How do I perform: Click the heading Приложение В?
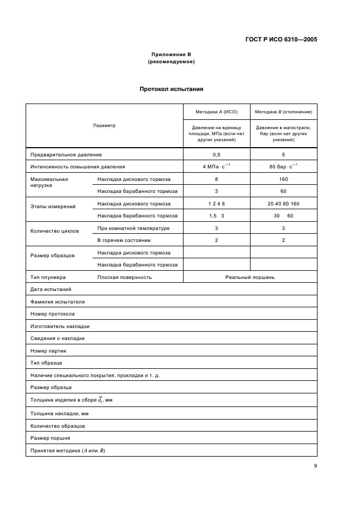(171, 54)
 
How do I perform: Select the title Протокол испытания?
(171, 89)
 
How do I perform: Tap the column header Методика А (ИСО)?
(216, 112)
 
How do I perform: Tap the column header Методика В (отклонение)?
(283, 112)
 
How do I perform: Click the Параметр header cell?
(104, 125)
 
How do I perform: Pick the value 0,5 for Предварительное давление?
(216, 155)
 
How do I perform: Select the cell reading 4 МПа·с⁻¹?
(216, 167)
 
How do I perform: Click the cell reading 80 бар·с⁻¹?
(283, 167)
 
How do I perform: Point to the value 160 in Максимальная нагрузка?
(283, 179)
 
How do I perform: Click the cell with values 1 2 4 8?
(216, 204)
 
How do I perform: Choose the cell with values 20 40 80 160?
(283, 204)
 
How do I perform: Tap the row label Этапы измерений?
(53, 207)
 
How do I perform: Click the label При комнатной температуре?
(133, 228)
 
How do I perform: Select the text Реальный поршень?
(250, 277)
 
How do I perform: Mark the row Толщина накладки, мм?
(59, 414)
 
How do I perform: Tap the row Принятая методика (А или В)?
(68, 450)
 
